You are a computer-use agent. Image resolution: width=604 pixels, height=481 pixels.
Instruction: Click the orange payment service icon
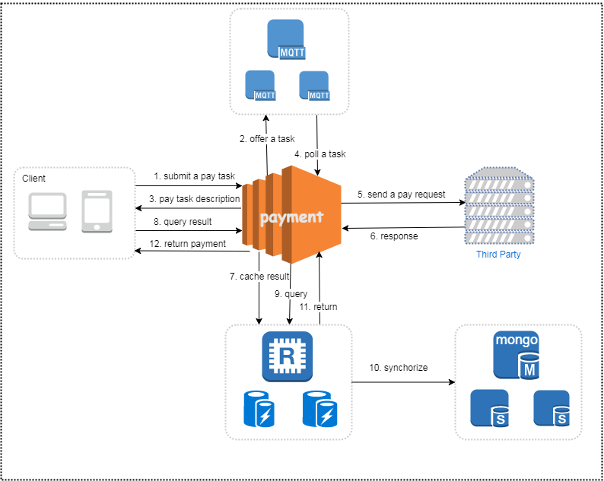(x=291, y=215)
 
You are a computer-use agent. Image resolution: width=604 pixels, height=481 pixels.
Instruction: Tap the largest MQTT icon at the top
(x=286, y=40)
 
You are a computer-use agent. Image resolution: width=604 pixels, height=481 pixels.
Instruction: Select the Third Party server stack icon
(x=499, y=205)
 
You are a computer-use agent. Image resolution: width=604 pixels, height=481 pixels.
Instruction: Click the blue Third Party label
(x=498, y=255)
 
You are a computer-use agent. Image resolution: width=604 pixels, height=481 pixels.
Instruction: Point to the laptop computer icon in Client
(x=47, y=212)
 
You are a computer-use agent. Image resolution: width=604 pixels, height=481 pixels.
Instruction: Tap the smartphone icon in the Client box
(x=97, y=211)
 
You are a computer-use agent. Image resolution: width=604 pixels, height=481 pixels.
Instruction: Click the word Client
(x=33, y=179)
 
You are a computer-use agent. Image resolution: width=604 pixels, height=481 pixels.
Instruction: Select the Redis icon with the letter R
(x=287, y=356)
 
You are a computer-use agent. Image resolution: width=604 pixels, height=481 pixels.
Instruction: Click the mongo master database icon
(x=517, y=355)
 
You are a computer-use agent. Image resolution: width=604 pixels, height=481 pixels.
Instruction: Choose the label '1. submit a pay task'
(x=194, y=176)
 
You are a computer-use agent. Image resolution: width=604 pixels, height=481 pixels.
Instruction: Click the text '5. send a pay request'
(x=402, y=195)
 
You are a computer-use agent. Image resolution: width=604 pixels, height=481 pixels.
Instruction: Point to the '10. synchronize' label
(x=399, y=368)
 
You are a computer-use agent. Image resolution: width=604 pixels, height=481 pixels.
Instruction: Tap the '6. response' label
(x=394, y=236)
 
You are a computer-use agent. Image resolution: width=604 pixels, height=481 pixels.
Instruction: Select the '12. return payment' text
(x=188, y=244)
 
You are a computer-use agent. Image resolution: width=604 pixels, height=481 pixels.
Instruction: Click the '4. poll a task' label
(x=320, y=154)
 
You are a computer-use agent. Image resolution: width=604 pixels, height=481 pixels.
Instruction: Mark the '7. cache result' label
(x=259, y=277)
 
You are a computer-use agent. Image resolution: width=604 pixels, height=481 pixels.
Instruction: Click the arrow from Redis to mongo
(x=403, y=382)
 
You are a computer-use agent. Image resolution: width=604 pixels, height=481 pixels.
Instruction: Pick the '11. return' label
(x=318, y=307)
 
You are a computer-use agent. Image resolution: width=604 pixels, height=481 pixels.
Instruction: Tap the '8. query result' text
(x=183, y=222)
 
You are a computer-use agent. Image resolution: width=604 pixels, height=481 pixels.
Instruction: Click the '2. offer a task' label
(x=267, y=139)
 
